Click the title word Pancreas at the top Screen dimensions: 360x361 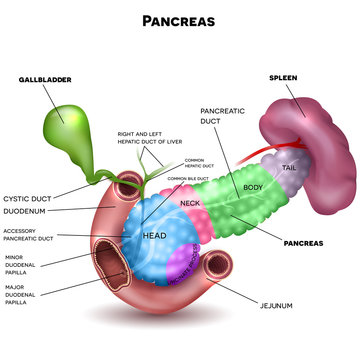[x=180, y=19]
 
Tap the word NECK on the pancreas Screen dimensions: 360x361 [x=190, y=203]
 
